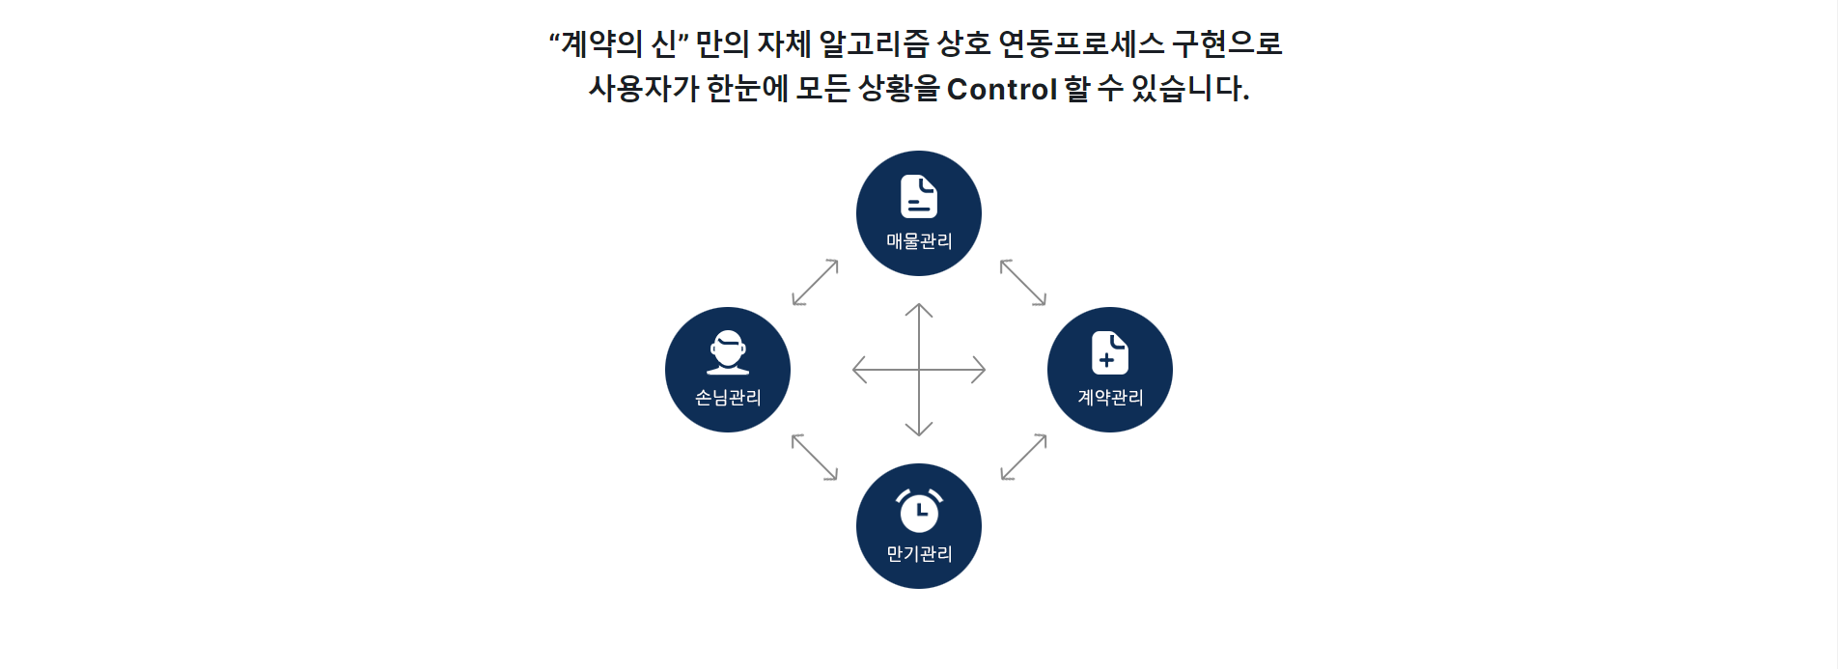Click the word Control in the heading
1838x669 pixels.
1002,89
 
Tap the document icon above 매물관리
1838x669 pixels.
919,196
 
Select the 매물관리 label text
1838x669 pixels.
919,241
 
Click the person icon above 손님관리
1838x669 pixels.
728,352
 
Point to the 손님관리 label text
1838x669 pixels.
728,398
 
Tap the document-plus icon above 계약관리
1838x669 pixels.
1109,352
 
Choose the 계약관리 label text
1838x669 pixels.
1110,398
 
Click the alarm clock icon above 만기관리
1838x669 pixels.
919,510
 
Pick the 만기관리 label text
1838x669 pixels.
919,554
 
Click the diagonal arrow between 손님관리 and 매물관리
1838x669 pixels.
815,282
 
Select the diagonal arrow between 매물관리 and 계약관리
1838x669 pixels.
1023,282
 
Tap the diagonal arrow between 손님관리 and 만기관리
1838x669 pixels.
815,457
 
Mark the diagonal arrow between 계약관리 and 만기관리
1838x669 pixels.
1023,457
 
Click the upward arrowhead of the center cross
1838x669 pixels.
919,309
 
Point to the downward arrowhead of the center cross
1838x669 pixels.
919,431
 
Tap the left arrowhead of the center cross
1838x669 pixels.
858,370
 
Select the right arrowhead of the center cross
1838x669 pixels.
980,370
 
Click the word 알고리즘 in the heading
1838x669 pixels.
874,43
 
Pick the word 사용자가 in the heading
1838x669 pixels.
644,89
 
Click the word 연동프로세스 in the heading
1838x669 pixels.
1081,43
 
